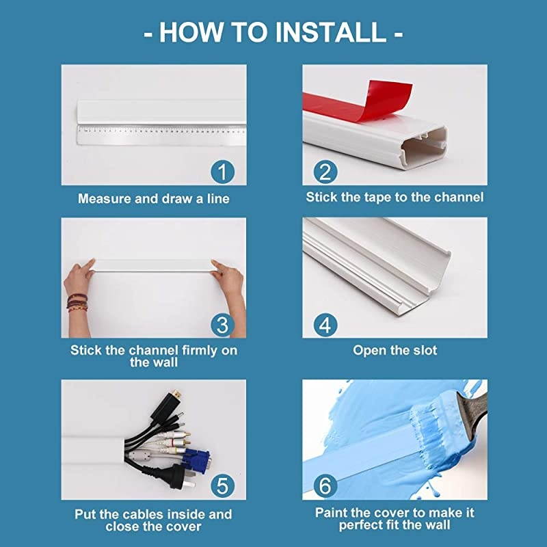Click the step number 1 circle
tap(223, 172)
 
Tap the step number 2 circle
tap(325, 172)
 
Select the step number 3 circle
tap(223, 325)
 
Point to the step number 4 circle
tap(325, 325)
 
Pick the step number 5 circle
tap(223, 486)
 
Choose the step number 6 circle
tap(325, 486)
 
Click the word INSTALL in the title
tap(331, 32)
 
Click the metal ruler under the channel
tap(161, 135)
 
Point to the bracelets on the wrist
tap(77, 303)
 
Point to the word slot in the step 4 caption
tap(425, 350)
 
